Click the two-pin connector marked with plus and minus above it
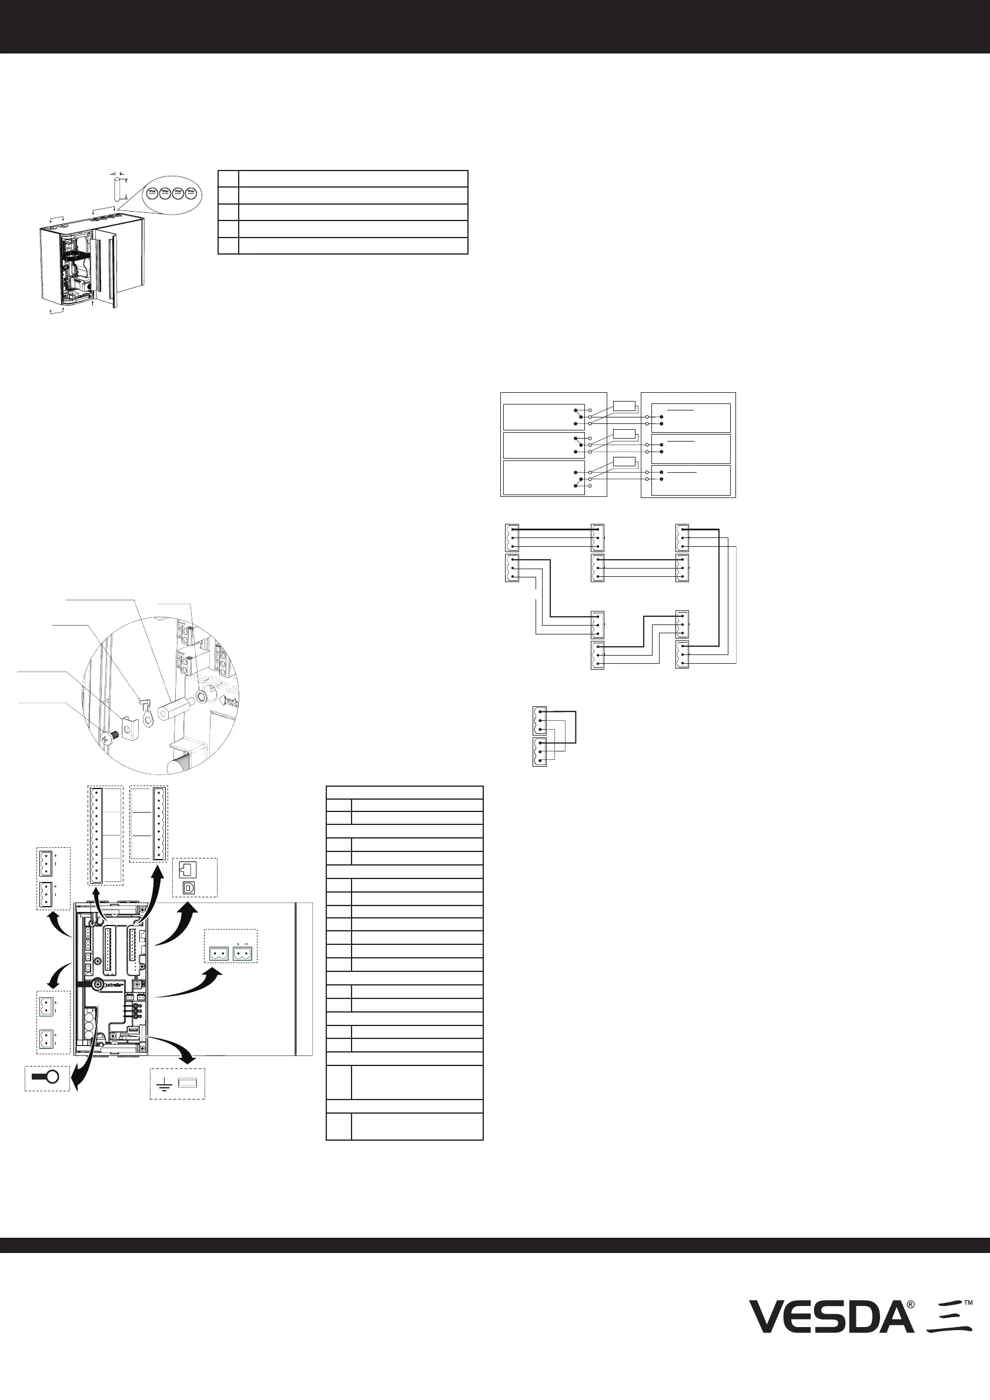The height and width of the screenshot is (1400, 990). (242, 953)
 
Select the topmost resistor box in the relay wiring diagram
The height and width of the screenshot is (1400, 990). (624, 406)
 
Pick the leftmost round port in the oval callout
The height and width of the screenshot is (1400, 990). (151, 193)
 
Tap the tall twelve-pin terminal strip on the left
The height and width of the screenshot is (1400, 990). (96, 835)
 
